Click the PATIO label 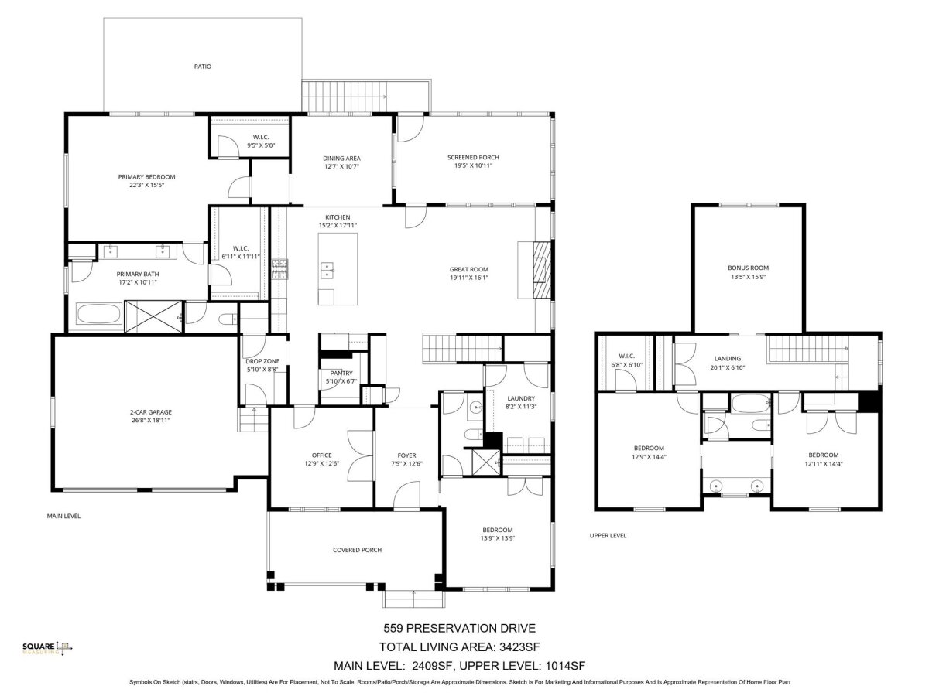point(202,67)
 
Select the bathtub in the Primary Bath point(99,313)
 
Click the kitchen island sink point(327,270)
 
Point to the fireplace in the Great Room point(542,270)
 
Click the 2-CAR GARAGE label point(151,411)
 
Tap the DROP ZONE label point(262,361)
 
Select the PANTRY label point(341,373)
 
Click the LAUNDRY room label point(521,398)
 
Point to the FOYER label point(406,455)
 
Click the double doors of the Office point(360,456)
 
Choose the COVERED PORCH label point(357,550)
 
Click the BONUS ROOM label point(749,268)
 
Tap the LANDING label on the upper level point(728,358)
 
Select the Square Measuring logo point(47,648)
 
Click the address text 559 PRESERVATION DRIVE point(459,628)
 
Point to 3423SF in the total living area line point(519,647)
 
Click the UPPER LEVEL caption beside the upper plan point(608,535)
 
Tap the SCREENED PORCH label point(473,157)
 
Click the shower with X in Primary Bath point(153,316)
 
